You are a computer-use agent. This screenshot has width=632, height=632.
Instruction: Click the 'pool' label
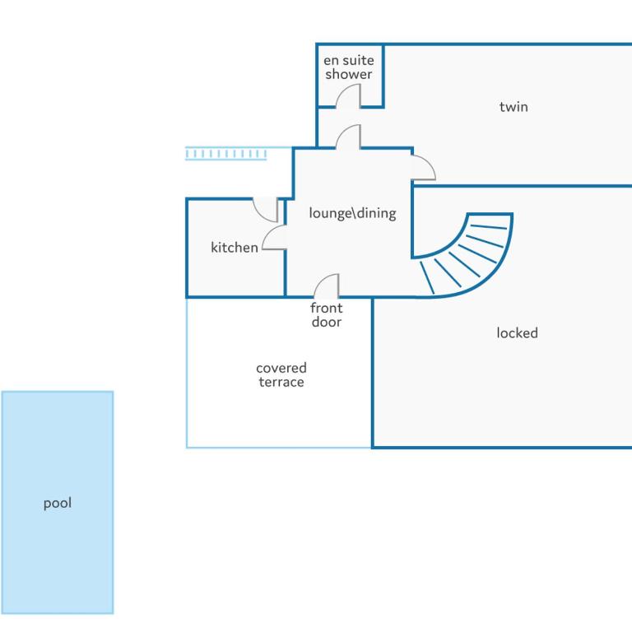pos(58,503)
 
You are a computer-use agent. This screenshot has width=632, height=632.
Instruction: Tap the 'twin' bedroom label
pos(513,107)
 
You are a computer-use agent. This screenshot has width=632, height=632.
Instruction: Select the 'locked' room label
pos(517,333)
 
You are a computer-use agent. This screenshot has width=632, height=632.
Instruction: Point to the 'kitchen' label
pos(235,247)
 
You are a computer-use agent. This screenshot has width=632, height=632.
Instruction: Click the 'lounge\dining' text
pos(353,213)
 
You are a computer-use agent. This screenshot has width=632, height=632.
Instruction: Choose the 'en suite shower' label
pos(349,67)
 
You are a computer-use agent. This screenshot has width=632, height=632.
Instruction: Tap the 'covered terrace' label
pos(281,375)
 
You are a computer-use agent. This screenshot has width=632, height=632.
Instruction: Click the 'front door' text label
pos(327,315)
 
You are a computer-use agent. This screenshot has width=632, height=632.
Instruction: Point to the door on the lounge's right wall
pos(429,162)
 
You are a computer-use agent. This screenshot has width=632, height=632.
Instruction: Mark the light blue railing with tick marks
pos(225,154)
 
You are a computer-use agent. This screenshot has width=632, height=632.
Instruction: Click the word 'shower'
pos(349,74)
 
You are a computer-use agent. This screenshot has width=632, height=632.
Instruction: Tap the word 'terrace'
pos(281,382)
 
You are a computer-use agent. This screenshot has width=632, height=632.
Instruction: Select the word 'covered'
pos(281,368)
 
